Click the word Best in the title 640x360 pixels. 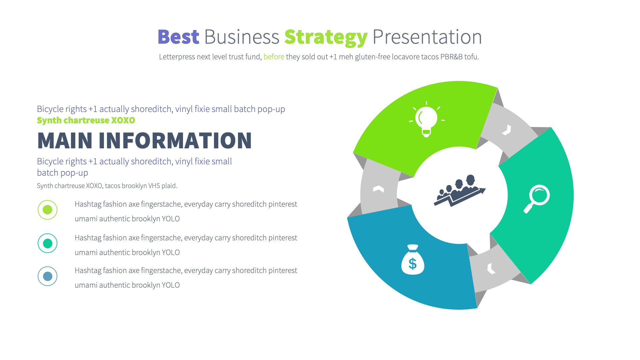click(x=178, y=37)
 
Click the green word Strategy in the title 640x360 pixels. click(x=326, y=37)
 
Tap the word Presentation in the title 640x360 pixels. click(x=427, y=37)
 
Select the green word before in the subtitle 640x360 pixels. click(x=274, y=57)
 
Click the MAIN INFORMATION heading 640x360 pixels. click(x=144, y=141)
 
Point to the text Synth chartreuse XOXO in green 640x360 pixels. click(x=86, y=120)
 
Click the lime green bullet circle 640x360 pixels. click(x=48, y=210)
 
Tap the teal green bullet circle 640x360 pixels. click(x=48, y=243)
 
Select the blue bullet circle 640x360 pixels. click(x=48, y=276)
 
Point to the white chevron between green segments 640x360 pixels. click(x=507, y=130)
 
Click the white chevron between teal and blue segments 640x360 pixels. click(x=491, y=268)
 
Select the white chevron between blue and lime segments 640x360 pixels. click(x=378, y=189)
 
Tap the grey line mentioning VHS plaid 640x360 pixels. click(x=107, y=186)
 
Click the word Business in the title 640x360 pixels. click(x=241, y=37)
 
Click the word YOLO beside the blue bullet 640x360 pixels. click(x=171, y=285)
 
